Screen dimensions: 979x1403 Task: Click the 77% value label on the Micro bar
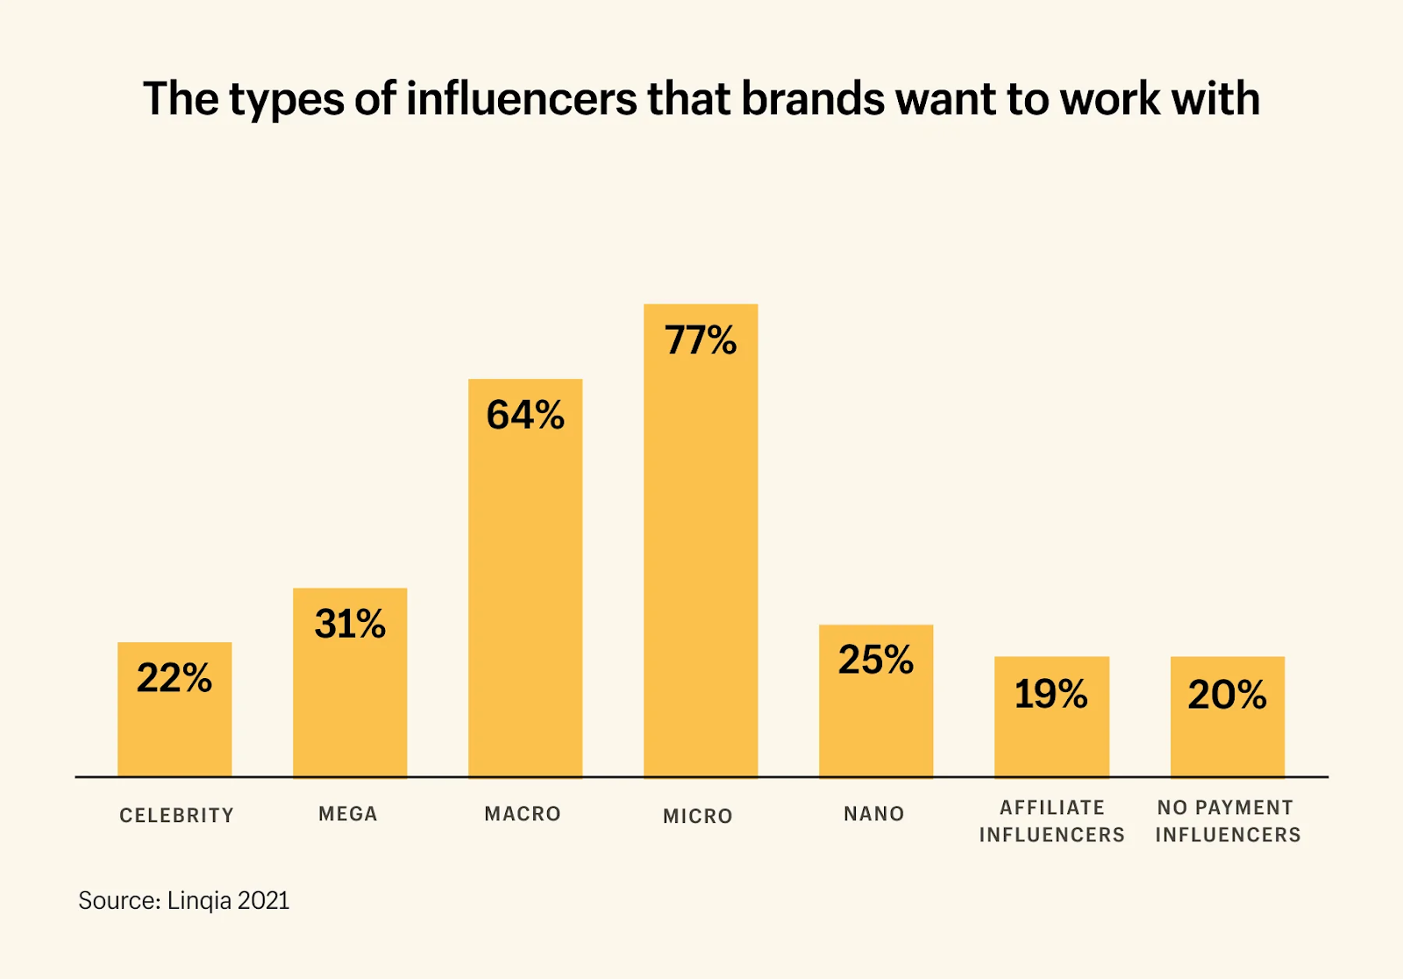(701, 340)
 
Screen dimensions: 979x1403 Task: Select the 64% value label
(525, 415)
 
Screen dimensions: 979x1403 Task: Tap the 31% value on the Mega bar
(350, 624)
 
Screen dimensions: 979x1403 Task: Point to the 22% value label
(174, 678)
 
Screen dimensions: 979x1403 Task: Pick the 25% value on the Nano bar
(875, 661)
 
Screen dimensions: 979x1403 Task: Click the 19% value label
(1050, 695)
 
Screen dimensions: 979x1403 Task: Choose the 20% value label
(1227, 695)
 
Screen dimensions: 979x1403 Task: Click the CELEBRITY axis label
(176, 816)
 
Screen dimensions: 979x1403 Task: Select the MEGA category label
(348, 814)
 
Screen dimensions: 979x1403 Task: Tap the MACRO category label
(523, 814)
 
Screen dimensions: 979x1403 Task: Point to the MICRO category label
(698, 816)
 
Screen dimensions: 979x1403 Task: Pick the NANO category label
(874, 814)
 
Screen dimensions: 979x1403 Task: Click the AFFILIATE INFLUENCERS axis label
(1052, 821)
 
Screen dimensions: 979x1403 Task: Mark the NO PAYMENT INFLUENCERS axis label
(1228, 821)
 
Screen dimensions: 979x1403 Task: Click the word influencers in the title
(522, 98)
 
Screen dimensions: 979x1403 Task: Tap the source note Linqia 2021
(228, 901)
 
